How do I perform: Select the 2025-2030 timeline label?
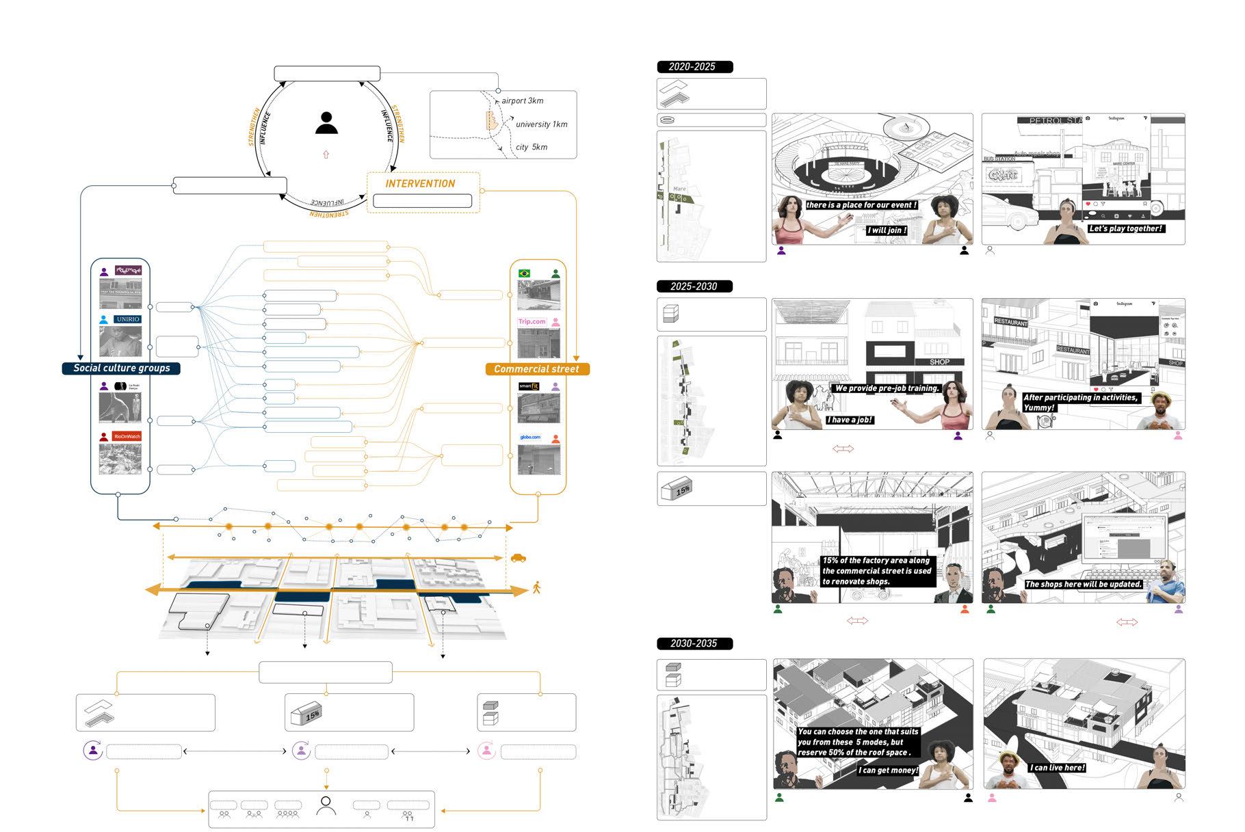694,286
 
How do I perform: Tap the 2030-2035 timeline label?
694,643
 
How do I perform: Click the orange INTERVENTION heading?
420,183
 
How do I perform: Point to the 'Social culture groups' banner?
122,368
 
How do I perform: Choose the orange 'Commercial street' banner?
536,369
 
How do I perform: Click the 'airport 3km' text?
522,100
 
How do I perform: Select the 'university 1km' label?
541,124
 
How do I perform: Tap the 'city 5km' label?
531,147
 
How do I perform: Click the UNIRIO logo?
127,319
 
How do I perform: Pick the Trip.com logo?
532,321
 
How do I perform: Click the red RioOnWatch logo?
127,436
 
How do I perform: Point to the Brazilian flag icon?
525,273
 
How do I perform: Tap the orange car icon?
519,558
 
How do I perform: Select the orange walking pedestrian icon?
536,587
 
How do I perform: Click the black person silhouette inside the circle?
326,124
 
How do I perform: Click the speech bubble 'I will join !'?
887,230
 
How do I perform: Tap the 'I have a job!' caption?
850,420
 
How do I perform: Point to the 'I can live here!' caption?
1058,768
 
